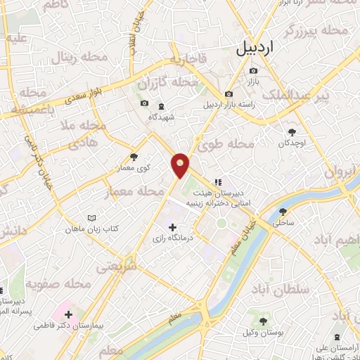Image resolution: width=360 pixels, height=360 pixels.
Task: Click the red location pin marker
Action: click(x=181, y=165)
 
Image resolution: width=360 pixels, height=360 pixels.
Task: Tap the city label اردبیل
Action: click(x=264, y=47)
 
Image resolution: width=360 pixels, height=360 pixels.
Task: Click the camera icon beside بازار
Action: click(x=253, y=70)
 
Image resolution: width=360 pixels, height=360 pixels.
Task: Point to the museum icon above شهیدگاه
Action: click(x=162, y=106)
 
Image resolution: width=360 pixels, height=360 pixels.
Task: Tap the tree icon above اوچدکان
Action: click(x=292, y=131)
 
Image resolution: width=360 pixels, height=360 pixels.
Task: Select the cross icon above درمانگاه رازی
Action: click(x=173, y=226)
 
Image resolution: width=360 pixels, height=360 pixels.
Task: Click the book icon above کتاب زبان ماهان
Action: click(x=91, y=219)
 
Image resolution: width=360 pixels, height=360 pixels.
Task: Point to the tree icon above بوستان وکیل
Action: click(x=262, y=321)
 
